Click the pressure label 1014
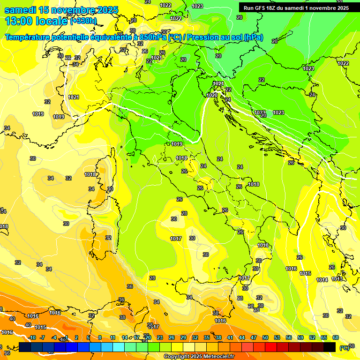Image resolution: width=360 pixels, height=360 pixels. tap(322, 280)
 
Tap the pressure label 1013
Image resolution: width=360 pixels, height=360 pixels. tap(337, 279)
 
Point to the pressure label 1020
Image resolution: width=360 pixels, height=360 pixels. tap(212, 95)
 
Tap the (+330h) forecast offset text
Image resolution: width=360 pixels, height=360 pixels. tap(84, 21)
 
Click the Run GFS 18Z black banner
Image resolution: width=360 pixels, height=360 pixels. tap(296, 8)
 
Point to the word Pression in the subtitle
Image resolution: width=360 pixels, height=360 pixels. tap(207, 37)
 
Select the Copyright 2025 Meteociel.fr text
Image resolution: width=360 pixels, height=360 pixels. tap(199, 356)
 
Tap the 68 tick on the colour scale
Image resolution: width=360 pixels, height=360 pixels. tap(336, 337)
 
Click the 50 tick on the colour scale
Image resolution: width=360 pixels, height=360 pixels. tap(265, 337)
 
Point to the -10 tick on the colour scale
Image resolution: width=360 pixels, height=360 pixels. tap(32, 337)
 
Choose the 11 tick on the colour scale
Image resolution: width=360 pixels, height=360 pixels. tap(112, 337)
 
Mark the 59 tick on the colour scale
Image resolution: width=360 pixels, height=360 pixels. tap(300, 337)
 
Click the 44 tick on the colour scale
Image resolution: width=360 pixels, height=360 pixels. tap(242, 337)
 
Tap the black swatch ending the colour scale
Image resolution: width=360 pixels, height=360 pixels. tap(330, 347)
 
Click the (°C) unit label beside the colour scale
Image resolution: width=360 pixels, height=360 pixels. tap(344, 348)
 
